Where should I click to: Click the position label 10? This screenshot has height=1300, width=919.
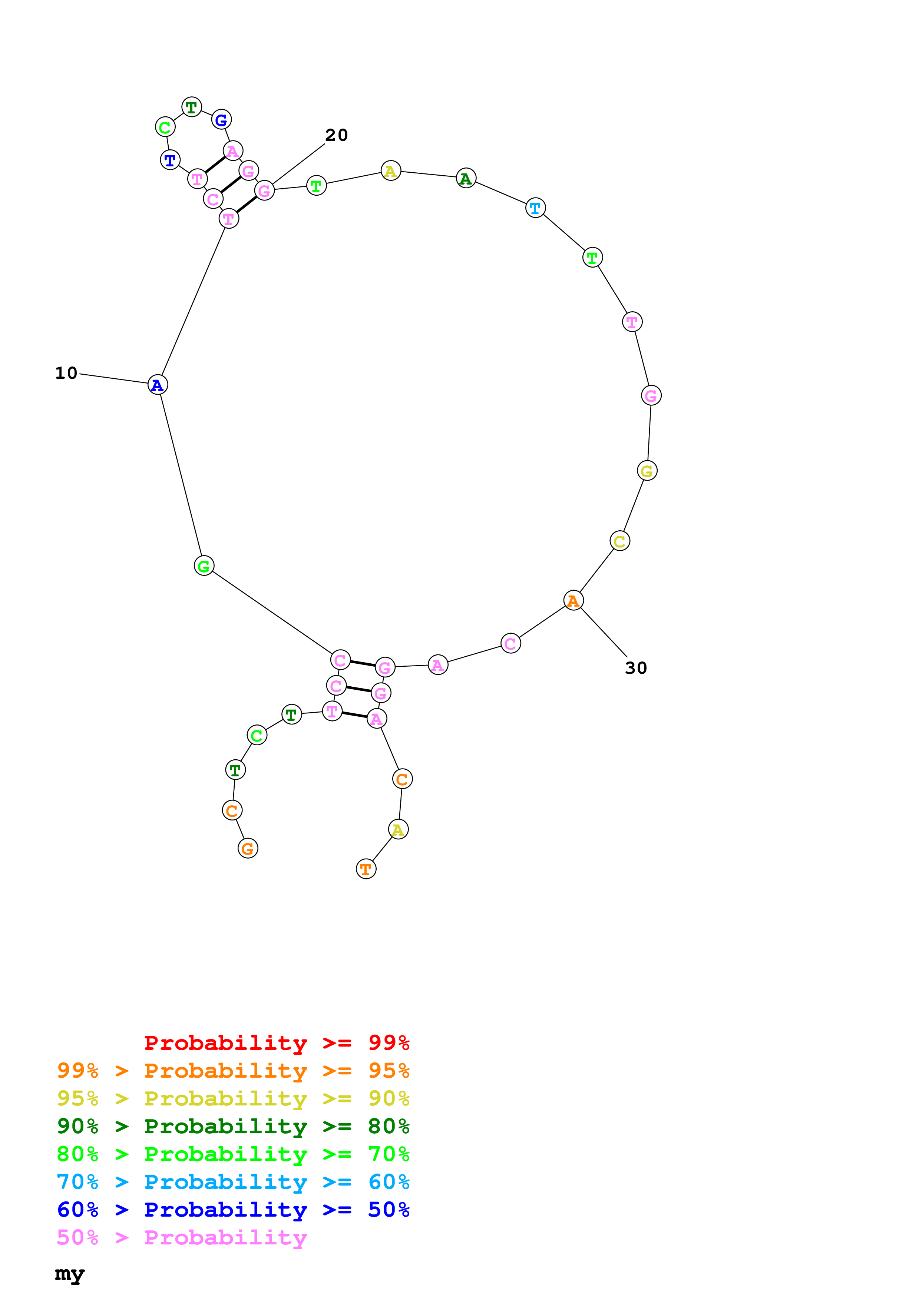pos(66,373)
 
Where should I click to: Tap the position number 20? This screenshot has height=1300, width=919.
pos(336,135)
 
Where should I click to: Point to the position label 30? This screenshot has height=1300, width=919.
pos(635,668)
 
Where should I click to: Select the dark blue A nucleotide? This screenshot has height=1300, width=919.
pos(158,385)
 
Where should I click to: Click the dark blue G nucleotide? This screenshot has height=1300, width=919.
pos(221,120)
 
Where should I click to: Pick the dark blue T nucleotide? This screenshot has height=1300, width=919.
pos(170,160)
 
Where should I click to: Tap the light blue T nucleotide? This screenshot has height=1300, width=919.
pos(535,208)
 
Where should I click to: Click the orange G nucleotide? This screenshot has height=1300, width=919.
pos(247,848)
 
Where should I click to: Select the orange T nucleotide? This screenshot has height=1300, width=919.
pos(366,869)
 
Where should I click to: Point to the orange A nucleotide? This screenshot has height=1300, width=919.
pos(573,600)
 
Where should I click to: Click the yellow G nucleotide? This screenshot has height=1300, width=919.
pos(647,471)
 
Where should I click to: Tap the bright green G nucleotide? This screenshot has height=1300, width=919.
pos(204,566)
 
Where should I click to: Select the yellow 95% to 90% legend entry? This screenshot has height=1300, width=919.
pos(233,1098)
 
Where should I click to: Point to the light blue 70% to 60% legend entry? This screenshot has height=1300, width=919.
pos(233,1182)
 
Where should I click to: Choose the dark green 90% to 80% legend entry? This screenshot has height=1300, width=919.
pos(233,1126)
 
